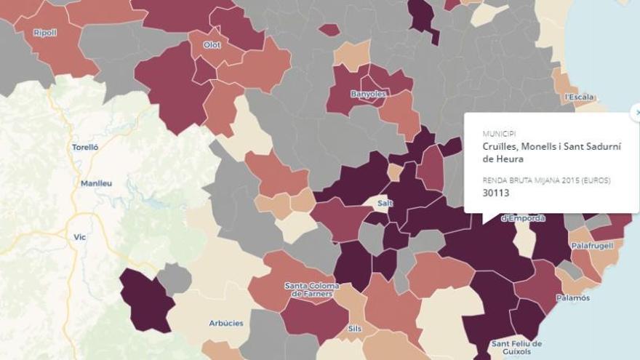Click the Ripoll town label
[x=45, y=33]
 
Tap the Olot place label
[x=212, y=45]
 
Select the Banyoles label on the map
[x=368, y=95]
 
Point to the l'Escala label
[x=579, y=97]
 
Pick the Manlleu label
[x=96, y=183]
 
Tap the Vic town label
[x=80, y=237]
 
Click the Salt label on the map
[x=385, y=203]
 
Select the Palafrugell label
[x=592, y=246]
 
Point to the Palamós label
[x=573, y=297]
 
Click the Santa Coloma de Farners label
[x=309, y=289]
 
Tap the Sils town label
[x=355, y=328]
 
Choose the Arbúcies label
[x=225, y=323]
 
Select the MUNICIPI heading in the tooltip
[x=498, y=134]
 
